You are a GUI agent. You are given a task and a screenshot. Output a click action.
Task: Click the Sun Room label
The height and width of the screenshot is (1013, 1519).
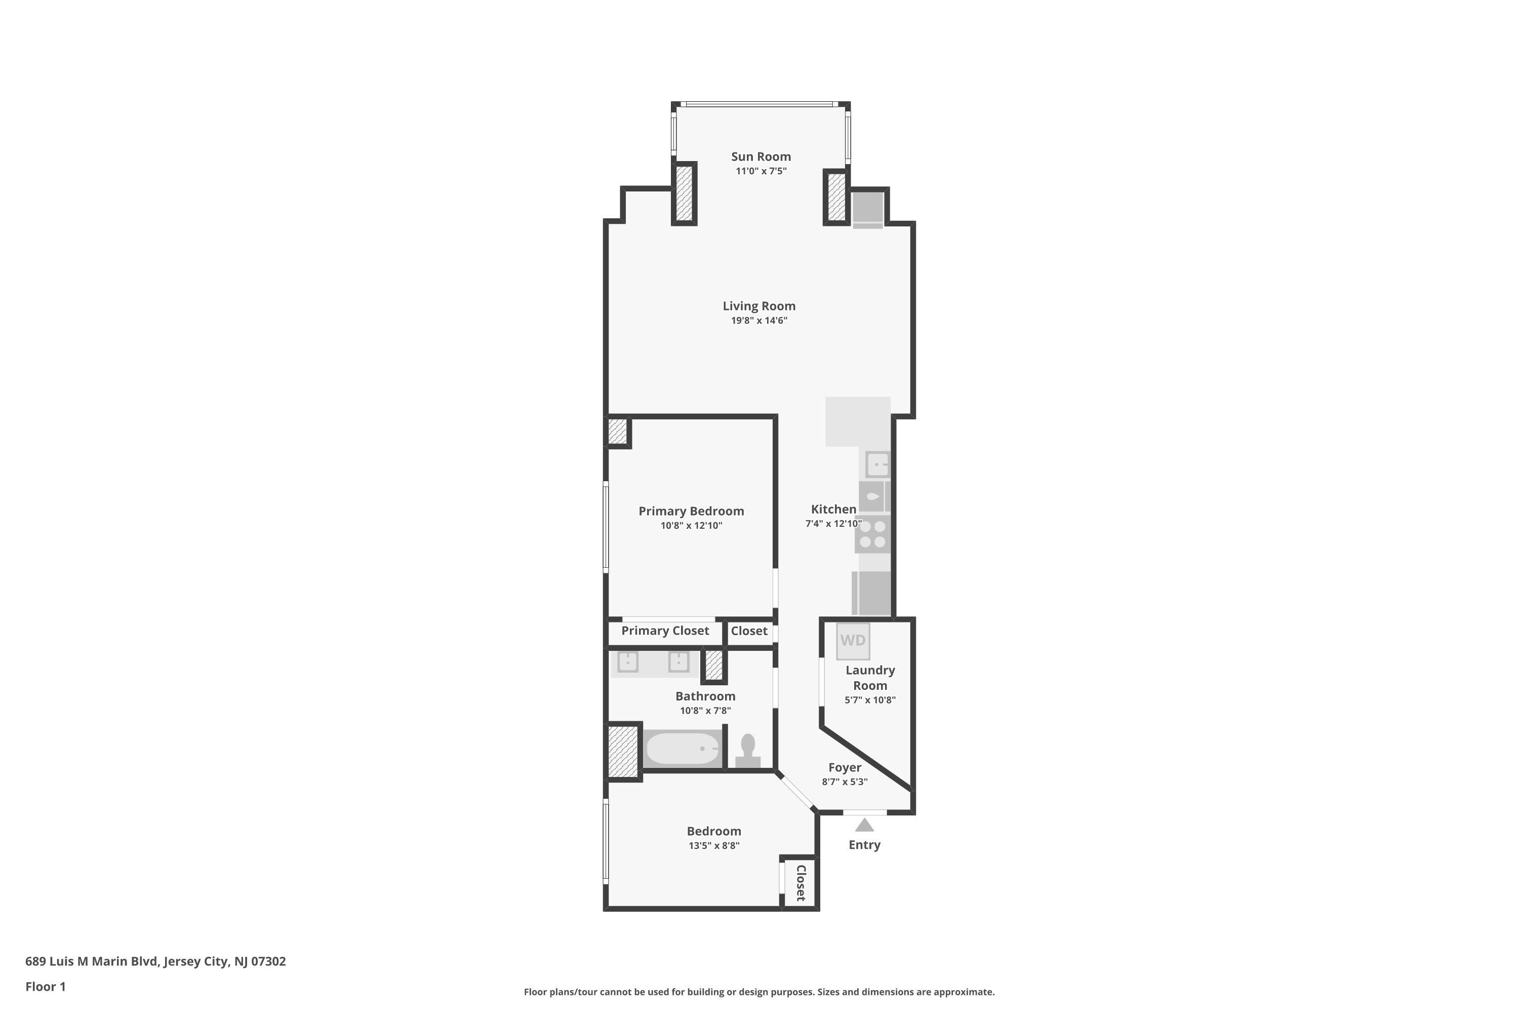click(x=761, y=157)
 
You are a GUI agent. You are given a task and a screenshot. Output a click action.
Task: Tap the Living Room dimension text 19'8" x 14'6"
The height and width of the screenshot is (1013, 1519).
click(x=759, y=321)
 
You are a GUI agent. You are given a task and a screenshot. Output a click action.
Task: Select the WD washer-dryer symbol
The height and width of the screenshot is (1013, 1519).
click(x=853, y=640)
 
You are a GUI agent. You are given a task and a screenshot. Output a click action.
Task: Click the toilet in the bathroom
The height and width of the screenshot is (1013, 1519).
click(x=748, y=751)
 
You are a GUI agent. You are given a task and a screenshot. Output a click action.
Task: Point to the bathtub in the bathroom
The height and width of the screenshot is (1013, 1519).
click(x=682, y=748)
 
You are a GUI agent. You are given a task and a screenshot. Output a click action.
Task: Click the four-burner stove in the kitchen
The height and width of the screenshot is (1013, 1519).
click(x=872, y=534)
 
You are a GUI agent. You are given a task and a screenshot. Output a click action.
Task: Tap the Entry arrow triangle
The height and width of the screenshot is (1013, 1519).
click(x=864, y=825)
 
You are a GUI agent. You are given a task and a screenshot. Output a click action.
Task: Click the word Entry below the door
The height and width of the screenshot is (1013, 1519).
click(x=864, y=845)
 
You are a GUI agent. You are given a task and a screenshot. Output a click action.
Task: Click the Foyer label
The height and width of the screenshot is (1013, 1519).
click(x=844, y=767)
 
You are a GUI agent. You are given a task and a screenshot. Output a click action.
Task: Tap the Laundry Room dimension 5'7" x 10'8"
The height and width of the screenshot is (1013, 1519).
click(x=870, y=699)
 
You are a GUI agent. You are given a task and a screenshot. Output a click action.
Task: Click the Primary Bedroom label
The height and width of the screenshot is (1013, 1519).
click(x=691, y=511)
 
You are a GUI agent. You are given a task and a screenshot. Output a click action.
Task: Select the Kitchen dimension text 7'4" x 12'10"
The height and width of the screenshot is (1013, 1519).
click(x=833, y=523)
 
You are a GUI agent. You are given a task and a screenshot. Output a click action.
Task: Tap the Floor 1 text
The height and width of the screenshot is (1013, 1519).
click(x=45, y=987)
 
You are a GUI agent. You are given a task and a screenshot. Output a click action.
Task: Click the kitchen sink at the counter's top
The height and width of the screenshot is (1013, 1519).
click(x=877, y=464)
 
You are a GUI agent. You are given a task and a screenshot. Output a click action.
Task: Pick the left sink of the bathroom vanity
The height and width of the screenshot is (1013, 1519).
click(x=628, y=662)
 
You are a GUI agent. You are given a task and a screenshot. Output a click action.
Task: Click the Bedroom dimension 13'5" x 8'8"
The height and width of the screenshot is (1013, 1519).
click(x=713, y=846)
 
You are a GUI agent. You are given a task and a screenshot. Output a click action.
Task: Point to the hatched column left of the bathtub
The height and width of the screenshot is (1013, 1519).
click(x=623, y=751)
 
